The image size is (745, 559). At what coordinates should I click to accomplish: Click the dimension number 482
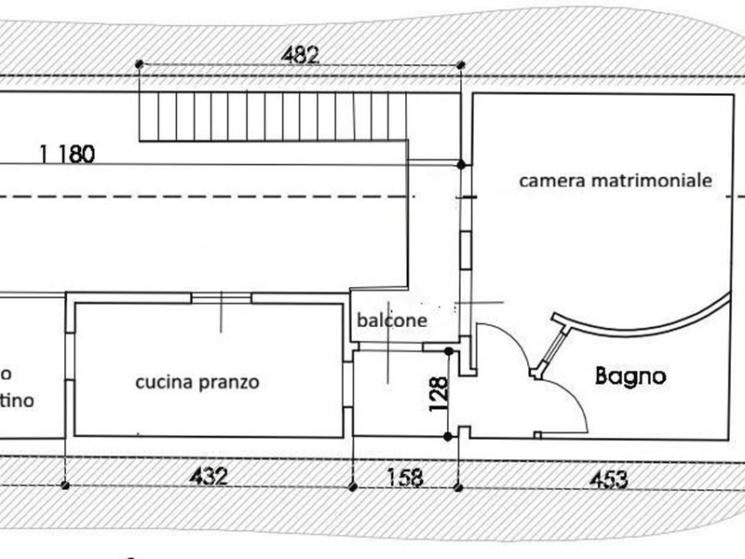300,55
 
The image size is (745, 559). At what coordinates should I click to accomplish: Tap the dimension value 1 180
67,155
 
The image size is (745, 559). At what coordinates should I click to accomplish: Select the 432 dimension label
209,477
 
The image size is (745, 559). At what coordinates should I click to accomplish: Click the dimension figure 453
607,480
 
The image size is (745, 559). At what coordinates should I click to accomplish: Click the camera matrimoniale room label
616,181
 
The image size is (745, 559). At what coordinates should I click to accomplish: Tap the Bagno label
630,376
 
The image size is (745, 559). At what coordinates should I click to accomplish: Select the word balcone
392,320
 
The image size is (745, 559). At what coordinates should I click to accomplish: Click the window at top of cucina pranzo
221,298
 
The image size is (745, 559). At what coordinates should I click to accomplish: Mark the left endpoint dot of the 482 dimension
139,64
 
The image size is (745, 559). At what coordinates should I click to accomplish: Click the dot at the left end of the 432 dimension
64,485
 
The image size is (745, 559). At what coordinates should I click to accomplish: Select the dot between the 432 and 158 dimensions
352,485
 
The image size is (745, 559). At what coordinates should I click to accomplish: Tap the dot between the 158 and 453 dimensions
458,485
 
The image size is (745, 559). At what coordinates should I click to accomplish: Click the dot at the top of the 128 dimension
450,351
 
